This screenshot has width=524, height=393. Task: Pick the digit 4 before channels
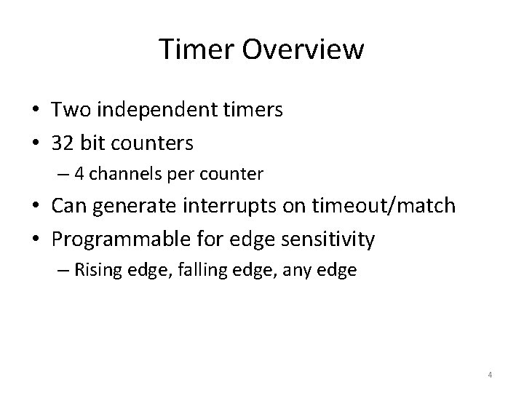click(x=82, y=175)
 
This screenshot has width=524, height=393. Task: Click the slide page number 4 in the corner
click(x=490, y=375)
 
